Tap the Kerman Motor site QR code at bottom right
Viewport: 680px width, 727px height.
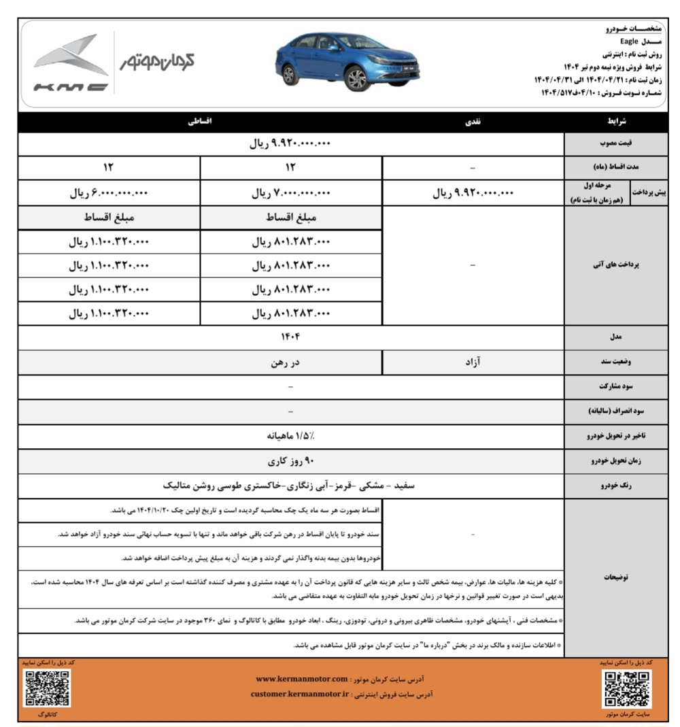coord(627,688)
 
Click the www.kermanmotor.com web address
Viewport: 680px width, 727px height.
coord(302,679)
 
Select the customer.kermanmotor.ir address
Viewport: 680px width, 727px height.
coord(299,694)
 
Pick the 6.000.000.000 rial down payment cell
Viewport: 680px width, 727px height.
coord(109,193)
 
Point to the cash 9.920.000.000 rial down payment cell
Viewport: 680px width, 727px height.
coord(473,193)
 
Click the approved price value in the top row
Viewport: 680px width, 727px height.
coord(291,144)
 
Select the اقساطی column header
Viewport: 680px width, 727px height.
coord(200,122)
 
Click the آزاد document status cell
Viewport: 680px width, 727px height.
coord(473,362)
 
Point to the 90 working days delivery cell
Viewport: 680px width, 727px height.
coord(291,461)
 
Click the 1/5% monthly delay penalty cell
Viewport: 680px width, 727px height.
coord(291,437)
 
